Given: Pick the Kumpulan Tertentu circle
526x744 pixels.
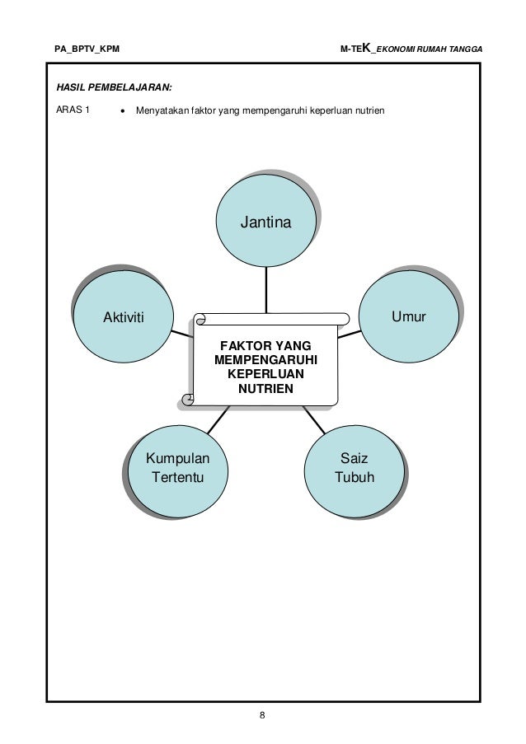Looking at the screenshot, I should [176, 469].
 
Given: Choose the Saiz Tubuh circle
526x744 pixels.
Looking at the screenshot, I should [355, 469].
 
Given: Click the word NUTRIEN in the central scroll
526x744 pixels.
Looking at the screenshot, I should [265, 388].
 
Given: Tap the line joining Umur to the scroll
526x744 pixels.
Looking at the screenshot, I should [350, 334].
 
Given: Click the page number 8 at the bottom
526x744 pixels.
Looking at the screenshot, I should [262, 714].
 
